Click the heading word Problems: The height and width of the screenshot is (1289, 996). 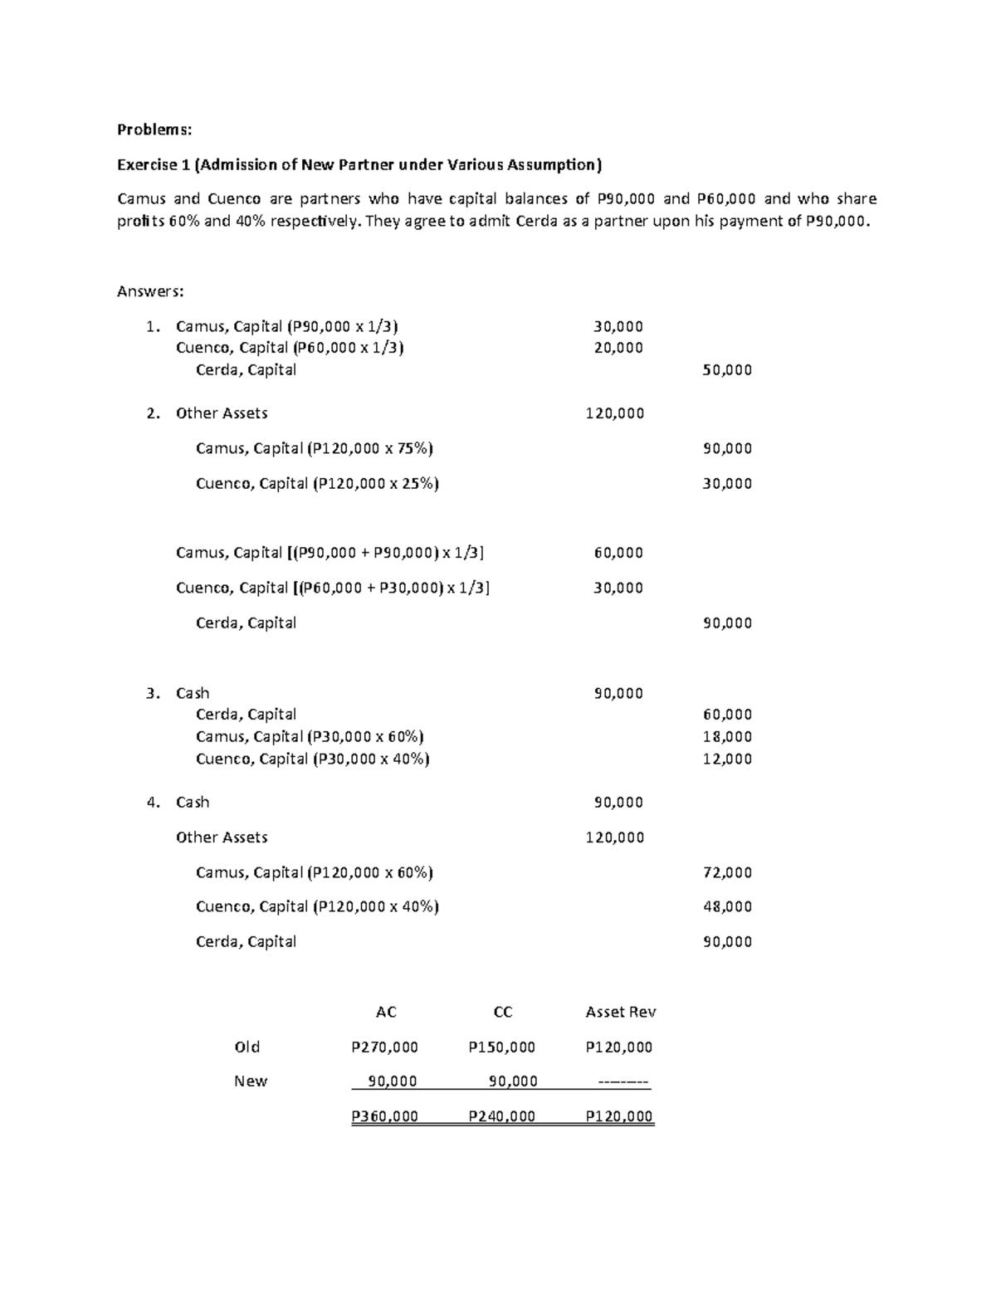154,129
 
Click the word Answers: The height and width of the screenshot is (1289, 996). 150,291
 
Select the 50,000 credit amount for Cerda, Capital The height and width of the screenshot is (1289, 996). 727,370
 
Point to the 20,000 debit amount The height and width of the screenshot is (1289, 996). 618,348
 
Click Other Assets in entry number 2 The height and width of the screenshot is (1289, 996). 222,413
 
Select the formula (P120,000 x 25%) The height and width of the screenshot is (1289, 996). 375,483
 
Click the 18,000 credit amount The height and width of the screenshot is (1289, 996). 727,736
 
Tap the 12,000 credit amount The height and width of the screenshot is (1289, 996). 727,759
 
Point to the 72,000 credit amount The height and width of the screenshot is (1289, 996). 727,872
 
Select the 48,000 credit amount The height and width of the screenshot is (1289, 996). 727,906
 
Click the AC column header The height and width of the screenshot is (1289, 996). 386,1012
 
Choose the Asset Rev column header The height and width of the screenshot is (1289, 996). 620,1012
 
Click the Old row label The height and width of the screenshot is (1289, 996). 247,1047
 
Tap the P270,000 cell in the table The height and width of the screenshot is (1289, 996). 385,1047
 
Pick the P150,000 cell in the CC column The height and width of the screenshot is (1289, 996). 502,1047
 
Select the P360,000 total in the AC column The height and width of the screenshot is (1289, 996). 385,1116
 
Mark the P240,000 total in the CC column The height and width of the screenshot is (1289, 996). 502,1116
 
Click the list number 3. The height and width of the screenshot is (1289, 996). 152,693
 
